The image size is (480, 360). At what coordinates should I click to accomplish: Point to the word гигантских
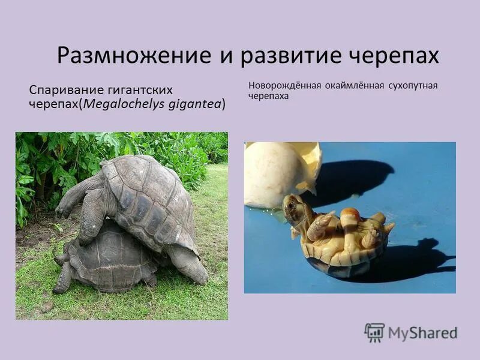tap(140, 89)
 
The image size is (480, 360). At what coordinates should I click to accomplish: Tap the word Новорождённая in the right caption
tap(283, 85)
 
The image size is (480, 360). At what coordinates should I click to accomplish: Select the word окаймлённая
tap(353, 85)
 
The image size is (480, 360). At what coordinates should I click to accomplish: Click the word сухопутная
tap(414, 85)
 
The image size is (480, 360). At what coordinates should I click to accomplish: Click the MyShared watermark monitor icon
tap(374, 332)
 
